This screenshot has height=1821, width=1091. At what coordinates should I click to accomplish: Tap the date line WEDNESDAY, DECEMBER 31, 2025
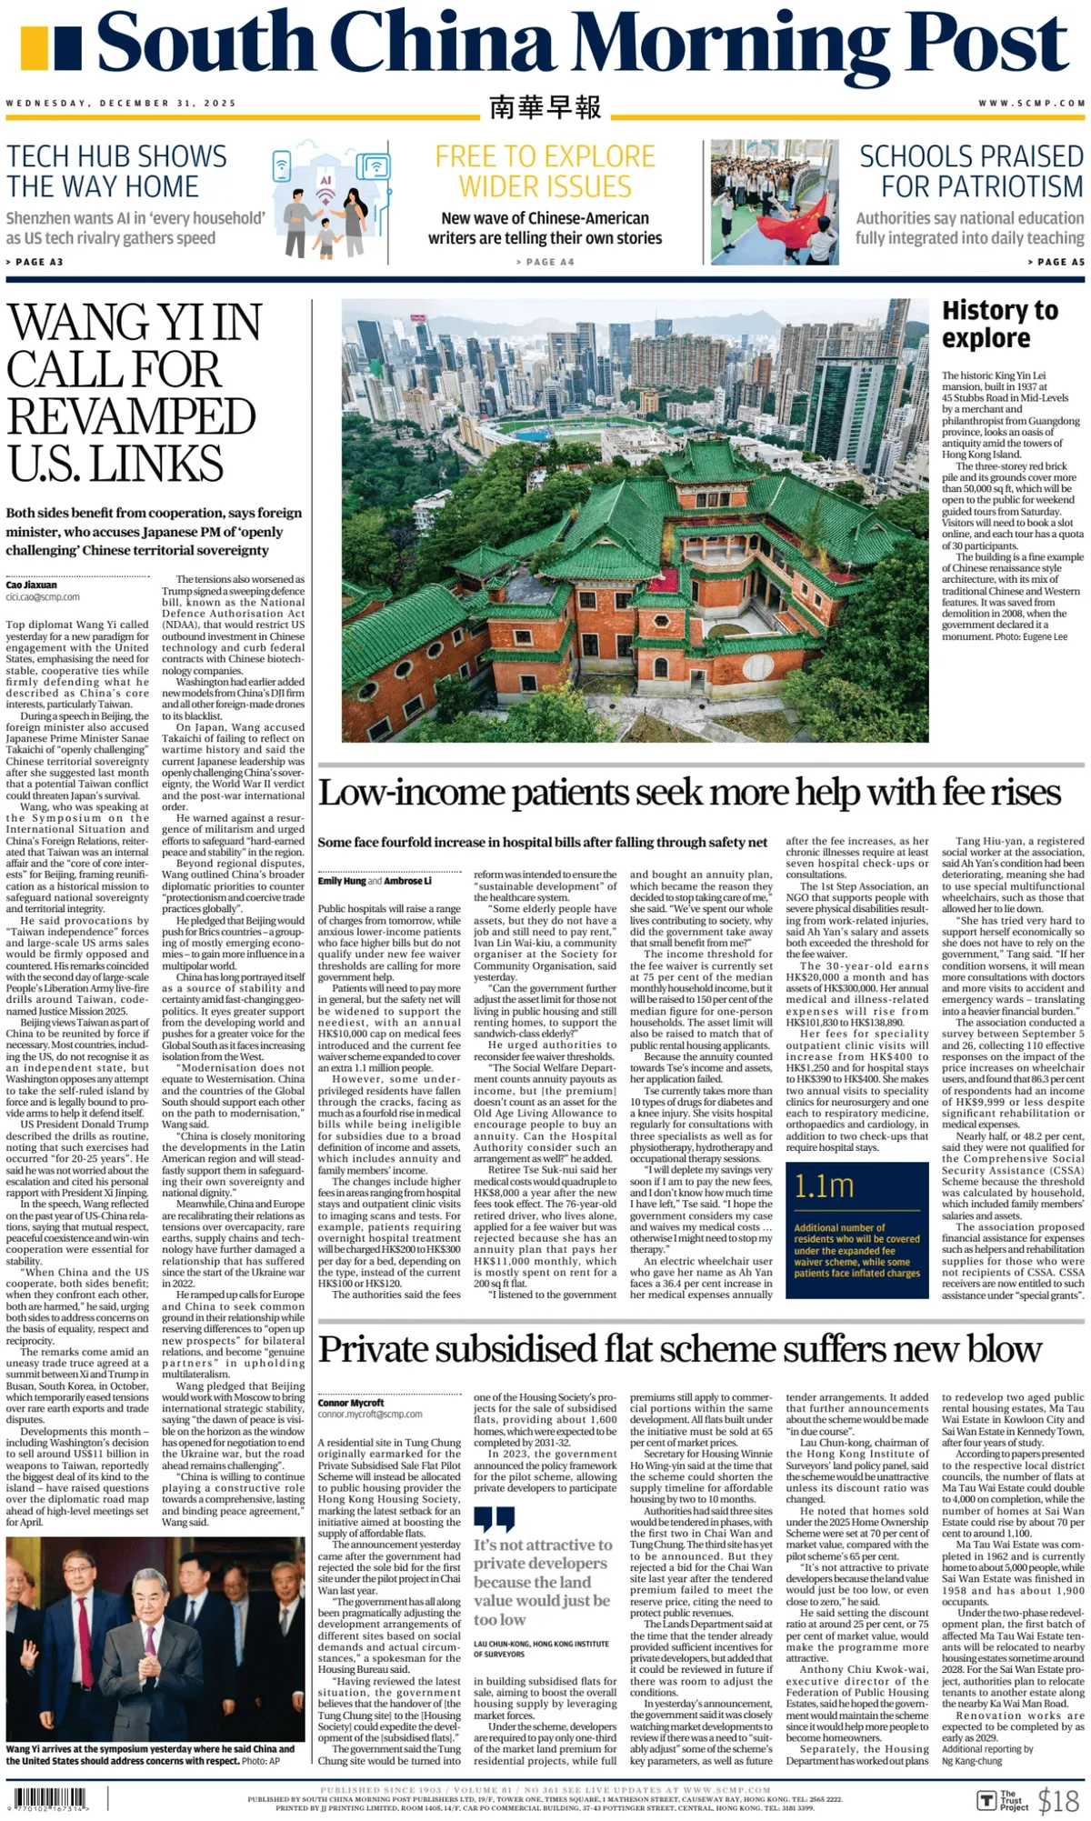pyautogui.click(x=121, y=104)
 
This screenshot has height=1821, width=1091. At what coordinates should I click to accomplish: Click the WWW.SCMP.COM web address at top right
pyautogui.click(x=1031, y=104)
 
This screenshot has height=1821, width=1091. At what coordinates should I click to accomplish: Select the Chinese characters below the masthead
pyautogui.click(x=545, y=107)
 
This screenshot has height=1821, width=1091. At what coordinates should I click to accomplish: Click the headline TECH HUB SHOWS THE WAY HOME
pyautogui.click(x=116, y=171)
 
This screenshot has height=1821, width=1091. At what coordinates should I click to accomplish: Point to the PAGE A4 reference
pyautogui.click(x=545, y=262)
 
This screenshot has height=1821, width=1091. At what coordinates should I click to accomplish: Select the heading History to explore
pyautogui.click(x=999, y=324)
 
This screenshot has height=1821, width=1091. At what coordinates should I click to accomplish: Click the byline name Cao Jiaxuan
pyautogui.click(x=32, y=585)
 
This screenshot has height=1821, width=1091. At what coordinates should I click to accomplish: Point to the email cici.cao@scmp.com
pyautogui.click(x=43, y=597)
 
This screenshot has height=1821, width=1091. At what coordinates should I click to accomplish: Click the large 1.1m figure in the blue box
pyautogui.click(x=824, y=1186)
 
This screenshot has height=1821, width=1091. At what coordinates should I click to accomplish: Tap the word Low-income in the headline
pyautogui.click(x=411, y=793)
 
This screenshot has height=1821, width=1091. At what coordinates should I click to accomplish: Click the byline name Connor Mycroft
pyautogui.click(x=351, y=1402)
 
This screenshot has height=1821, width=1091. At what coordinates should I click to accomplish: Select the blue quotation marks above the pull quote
pyautogui.click(x=494, y=1518)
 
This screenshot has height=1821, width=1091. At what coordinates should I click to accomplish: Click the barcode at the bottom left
pyautogui.click(x=50, y=1797)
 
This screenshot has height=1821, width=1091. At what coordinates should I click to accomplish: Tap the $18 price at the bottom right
pyautogui.click(x=1058, y=1799)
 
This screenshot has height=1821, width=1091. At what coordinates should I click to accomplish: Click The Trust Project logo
pyautogui.click(x=1002, y=1799)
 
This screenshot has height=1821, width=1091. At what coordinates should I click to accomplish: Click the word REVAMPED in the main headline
pyautogui.click(x=132, y=417)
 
